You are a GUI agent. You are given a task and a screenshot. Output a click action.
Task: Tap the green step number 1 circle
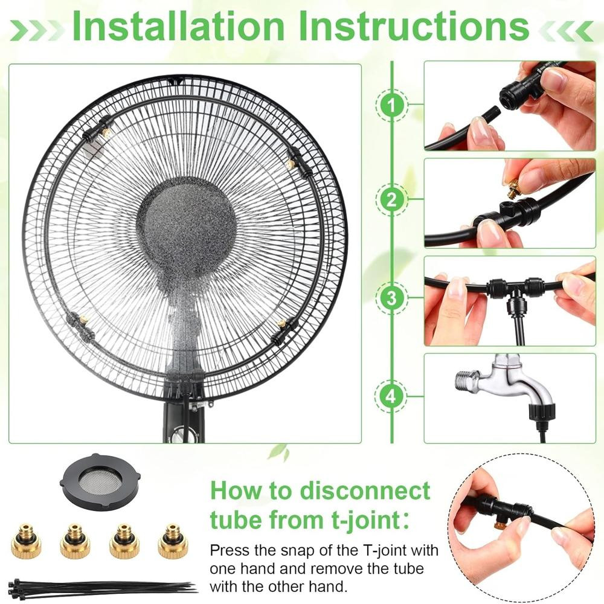pyautogui.click(x=392, y=105)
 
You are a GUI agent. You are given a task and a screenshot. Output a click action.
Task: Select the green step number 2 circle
pyautogui.click(x=392, y=199)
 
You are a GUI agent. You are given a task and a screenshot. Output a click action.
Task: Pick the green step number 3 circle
pyautogui.click(x=392, y=297)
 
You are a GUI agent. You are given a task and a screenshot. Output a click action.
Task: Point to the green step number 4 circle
pyautogui.click(x=392, y=396)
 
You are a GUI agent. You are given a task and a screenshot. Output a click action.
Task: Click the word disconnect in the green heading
pyautogui.click(x=365, y=490)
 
